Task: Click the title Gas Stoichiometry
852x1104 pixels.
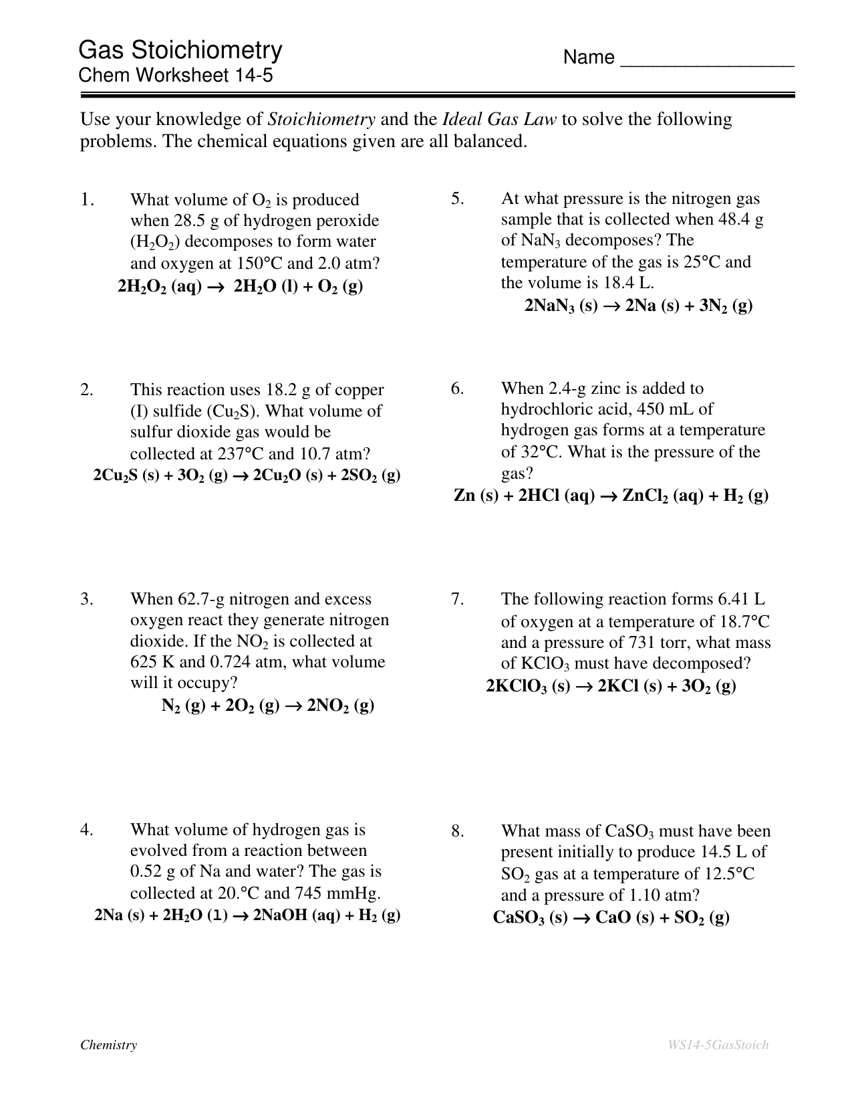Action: tap(180, 51)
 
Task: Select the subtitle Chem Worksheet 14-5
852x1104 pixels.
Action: tap(176, 76)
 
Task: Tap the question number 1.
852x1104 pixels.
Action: tap(87, 199)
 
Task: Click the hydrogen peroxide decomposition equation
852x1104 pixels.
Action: tap(240, 287)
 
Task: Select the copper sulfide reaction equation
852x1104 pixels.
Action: tap(247, 475)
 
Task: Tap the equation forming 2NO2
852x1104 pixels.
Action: tap(268, 705)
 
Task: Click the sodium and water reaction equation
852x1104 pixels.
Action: tap(247, 915)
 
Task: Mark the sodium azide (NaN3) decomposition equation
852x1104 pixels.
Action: tap(638, 306)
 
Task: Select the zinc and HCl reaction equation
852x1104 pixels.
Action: tap(611, 495)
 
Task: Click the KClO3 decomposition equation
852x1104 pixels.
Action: tap(611, 686)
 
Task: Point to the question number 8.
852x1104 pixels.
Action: tap(457, 831)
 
